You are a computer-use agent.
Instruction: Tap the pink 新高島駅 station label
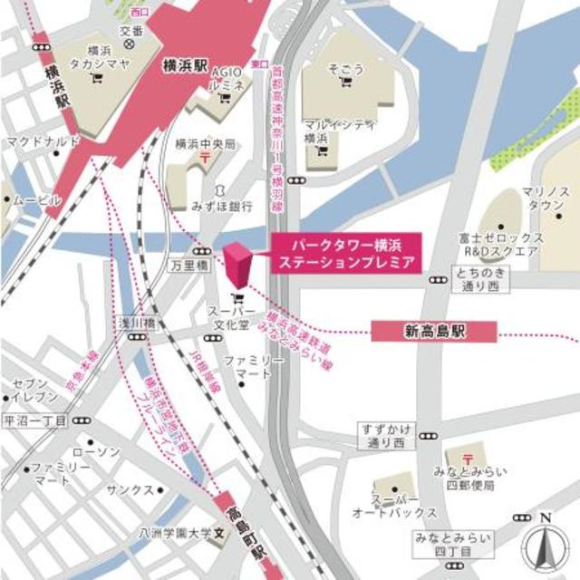coord(434,332)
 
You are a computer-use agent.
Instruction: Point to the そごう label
coord(344,68)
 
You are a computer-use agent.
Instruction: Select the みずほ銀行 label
coord(222,207)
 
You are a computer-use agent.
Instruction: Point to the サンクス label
coord(130,488)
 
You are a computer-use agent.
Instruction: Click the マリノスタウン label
coord(545,199)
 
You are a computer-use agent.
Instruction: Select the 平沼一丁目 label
coord(35,421)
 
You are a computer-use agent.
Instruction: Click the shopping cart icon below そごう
coord(345,83)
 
